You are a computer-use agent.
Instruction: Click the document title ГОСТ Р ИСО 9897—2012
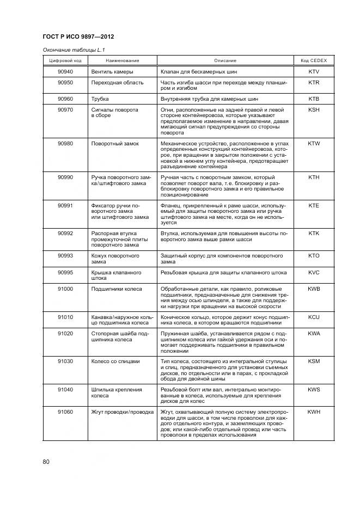(82, 37)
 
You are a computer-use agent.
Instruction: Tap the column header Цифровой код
(65, 60)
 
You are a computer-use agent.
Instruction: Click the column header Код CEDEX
(314, 60)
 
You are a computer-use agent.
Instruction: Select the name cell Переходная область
(118, 83)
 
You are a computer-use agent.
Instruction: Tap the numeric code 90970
(65, 109)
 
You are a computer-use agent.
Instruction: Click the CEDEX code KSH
(314, 109)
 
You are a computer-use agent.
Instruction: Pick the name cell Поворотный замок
(115, 144)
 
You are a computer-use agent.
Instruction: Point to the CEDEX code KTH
(314, 177)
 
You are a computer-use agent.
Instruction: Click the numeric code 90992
(65, 233)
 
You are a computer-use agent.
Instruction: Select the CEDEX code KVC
(314, 272)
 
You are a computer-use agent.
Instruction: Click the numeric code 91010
(65, 316)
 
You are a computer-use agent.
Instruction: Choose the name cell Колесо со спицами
(115, 361)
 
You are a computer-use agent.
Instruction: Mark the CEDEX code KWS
(314, 389)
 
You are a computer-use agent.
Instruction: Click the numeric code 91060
(65, 412)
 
